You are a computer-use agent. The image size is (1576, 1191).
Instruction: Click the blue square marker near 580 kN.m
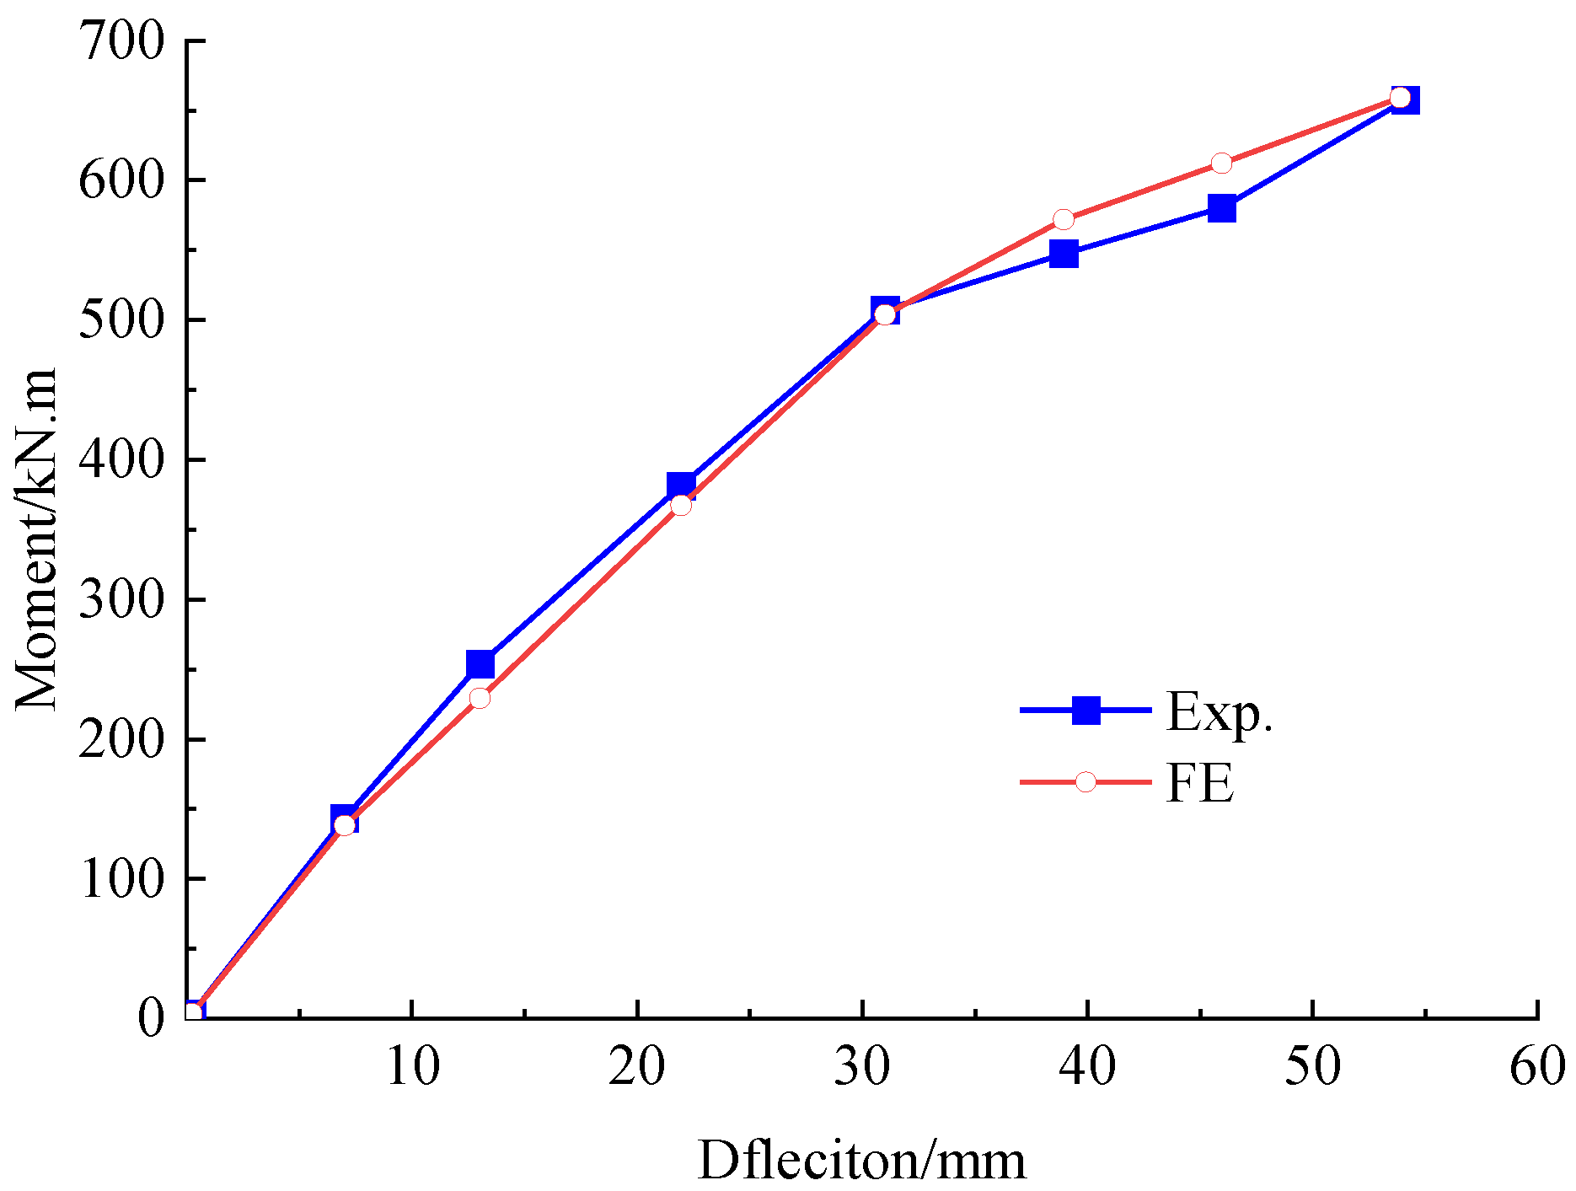1221,208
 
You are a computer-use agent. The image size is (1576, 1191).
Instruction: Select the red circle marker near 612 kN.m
1221,164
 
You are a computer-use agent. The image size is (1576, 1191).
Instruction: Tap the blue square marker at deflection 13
480,664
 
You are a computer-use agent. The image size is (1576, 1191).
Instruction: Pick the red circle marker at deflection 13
480,698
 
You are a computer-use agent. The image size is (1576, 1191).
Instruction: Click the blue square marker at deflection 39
1064,254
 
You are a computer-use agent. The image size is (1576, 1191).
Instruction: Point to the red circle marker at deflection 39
1064,220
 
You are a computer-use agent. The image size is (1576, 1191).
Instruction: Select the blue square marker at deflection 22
681,486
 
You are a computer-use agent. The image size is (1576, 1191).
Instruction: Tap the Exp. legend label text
1219,713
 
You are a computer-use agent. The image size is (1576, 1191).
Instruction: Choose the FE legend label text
1199,783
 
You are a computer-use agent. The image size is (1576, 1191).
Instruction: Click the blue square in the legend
1086,711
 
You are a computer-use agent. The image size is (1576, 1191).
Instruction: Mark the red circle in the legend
1086,782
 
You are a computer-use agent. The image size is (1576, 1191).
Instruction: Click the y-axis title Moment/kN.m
35,539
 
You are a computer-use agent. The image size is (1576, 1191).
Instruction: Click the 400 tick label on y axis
121,460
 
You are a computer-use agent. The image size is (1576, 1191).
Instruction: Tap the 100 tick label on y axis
121,879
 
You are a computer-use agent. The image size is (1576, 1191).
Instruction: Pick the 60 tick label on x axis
1536,1066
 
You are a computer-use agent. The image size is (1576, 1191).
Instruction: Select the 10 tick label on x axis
412,1066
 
